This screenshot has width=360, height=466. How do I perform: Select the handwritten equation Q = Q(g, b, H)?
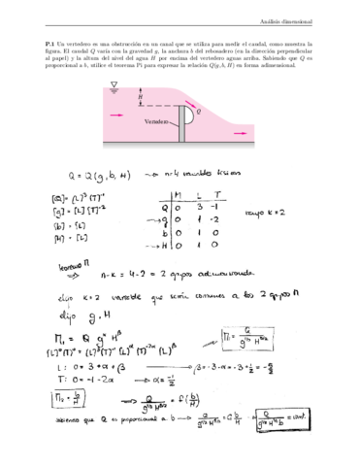(95, 177)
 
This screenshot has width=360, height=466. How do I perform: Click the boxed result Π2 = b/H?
(65, 396)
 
